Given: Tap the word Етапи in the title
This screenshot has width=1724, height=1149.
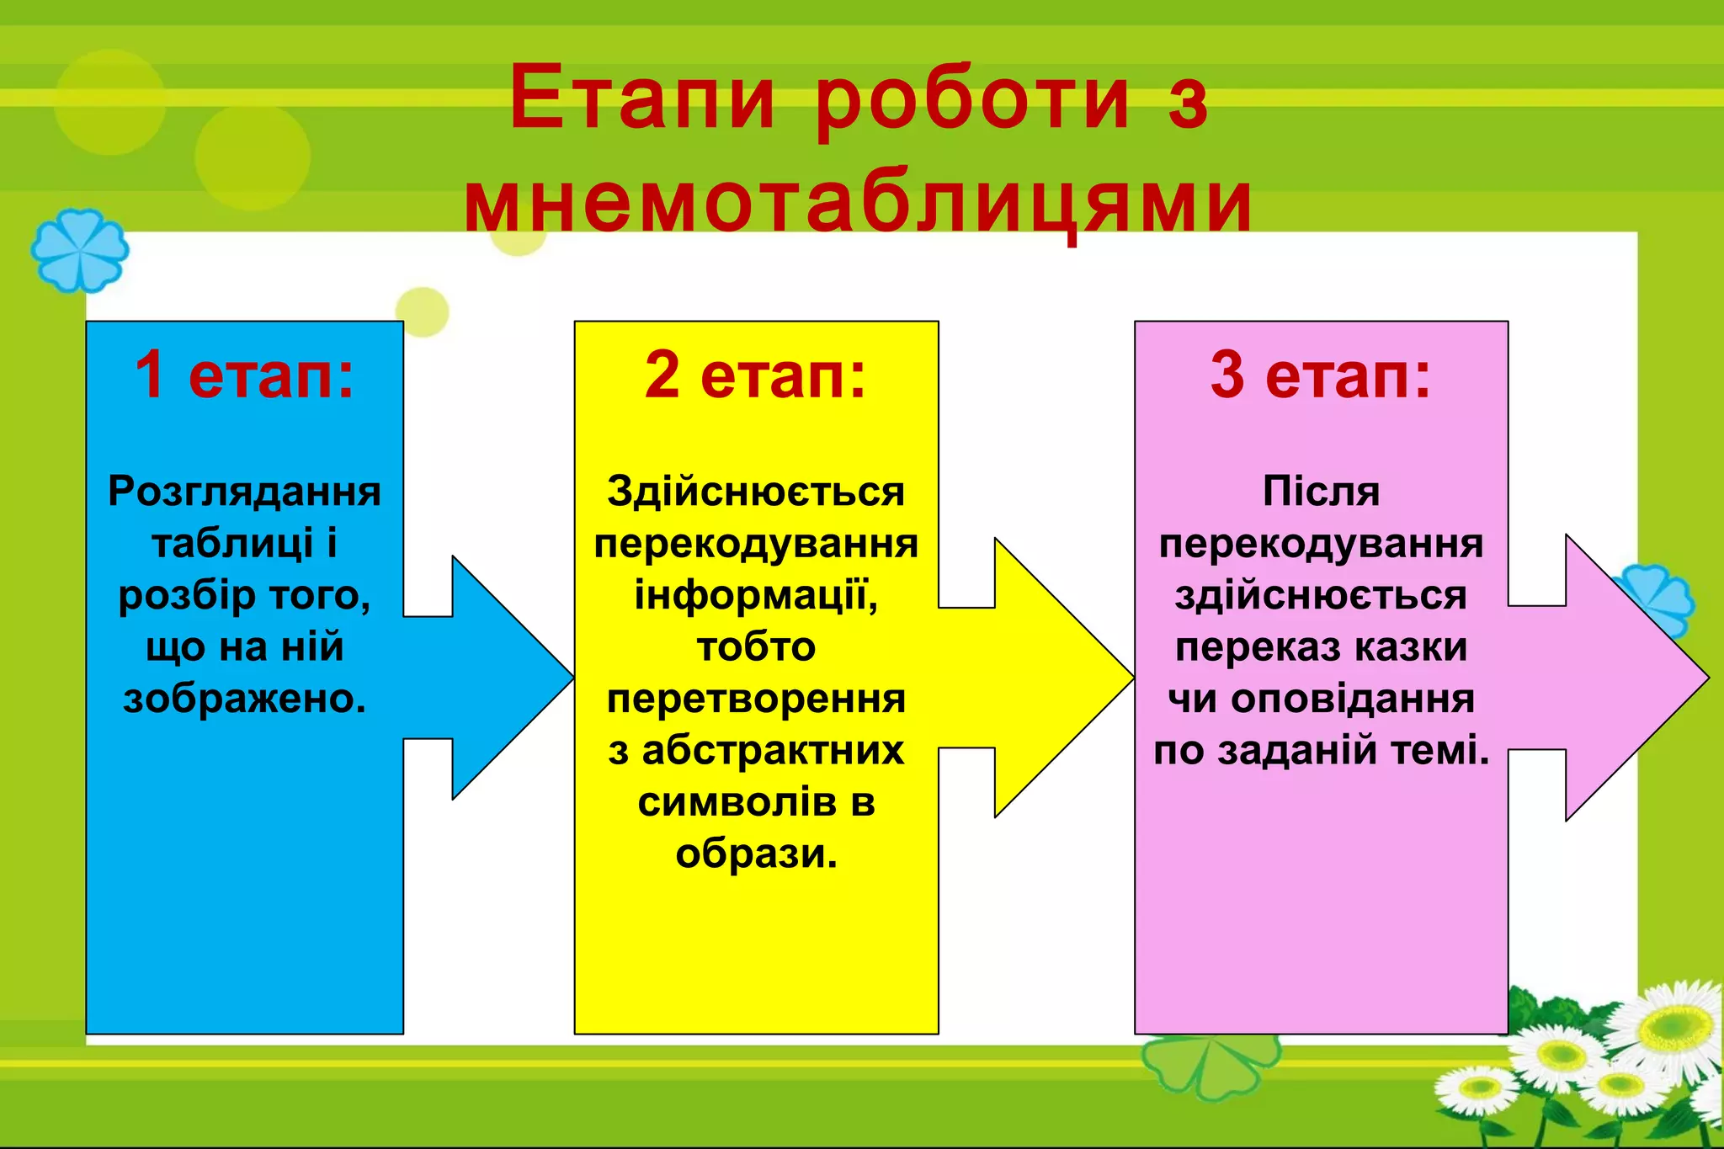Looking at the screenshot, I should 641,99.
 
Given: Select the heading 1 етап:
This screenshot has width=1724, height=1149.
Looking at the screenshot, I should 244,375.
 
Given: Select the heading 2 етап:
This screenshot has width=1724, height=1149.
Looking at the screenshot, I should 755,375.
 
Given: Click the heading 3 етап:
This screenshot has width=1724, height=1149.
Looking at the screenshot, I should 1320,375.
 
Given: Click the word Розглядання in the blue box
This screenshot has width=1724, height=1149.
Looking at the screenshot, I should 244,491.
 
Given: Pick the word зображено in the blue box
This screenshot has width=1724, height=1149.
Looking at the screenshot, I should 241,699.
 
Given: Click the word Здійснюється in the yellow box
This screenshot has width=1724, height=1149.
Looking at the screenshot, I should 755,491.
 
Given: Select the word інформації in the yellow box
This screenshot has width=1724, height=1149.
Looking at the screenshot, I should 752,595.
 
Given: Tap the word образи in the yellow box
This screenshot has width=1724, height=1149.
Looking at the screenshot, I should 752,854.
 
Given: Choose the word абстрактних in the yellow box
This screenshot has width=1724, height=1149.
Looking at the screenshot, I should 773,750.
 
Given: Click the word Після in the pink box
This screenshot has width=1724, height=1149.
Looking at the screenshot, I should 1321,491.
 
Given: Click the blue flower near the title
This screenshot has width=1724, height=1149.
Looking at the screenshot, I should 80,251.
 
